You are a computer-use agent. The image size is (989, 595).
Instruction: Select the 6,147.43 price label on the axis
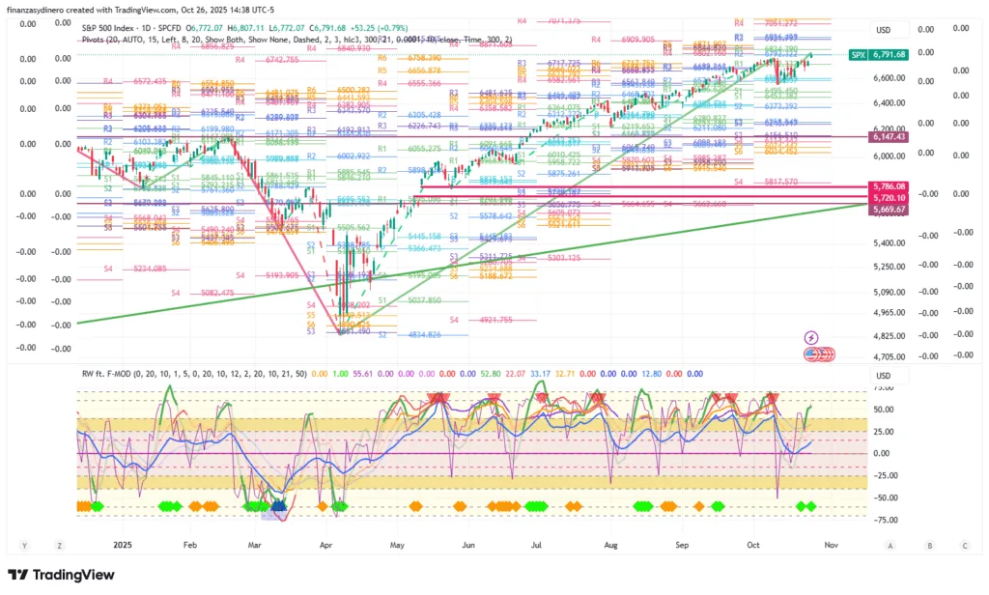tap(889, 138)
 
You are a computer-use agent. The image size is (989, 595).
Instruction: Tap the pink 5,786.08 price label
tap(889, 186)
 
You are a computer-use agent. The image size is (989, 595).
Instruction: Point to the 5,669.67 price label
tap(889, 209)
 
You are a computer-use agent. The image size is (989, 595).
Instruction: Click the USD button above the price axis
tap(883, 30)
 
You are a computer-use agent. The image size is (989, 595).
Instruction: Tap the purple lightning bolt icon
tap(811, 337)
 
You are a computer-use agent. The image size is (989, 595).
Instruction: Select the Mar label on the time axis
tap(253, 545)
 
